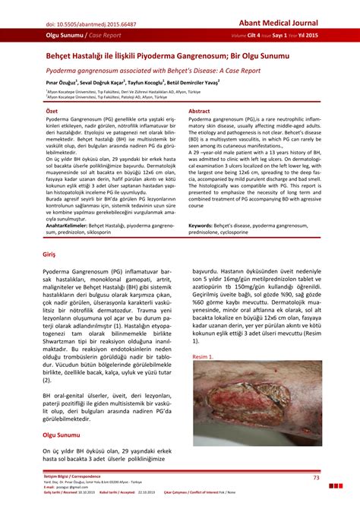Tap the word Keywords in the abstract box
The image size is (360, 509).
203,226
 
